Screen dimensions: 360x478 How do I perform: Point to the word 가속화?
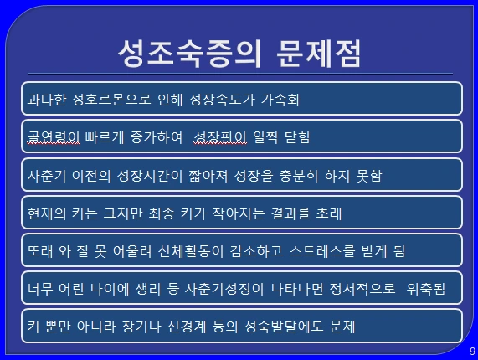point(280,99)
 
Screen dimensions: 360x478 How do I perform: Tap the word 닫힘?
point(294,137)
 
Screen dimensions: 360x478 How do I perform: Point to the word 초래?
point(326,213)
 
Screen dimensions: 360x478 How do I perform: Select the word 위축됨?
point(425,290)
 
